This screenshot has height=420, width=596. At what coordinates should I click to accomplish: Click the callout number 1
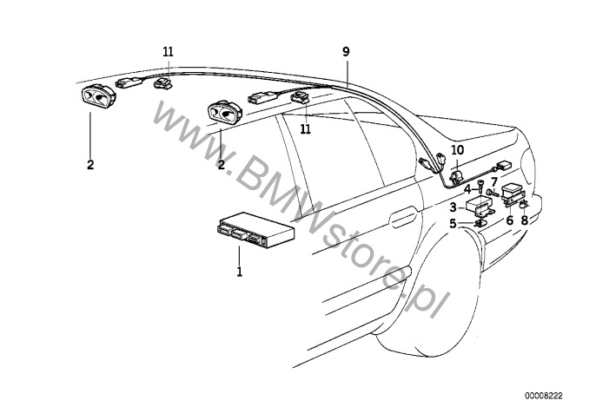tap(239, 272)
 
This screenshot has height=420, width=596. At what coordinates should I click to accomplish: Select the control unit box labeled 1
tap(255, 230)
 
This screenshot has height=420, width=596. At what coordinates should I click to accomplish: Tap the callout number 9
tap(346, 52)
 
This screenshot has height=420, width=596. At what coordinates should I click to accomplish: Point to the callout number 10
tap(458, 150)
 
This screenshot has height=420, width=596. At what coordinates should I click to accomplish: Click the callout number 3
tap(453, 207)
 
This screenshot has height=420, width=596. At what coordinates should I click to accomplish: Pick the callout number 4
tap(468, 188)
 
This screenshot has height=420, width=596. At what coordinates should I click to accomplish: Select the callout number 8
tap(525, 220)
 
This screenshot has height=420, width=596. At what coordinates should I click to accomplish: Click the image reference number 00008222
tap(544, 396)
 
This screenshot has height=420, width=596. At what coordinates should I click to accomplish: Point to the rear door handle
tap(403, 217)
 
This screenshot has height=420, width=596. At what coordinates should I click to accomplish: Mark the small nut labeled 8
tap(523, 204)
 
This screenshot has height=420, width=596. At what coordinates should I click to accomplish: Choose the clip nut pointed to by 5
tap(479, 222)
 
